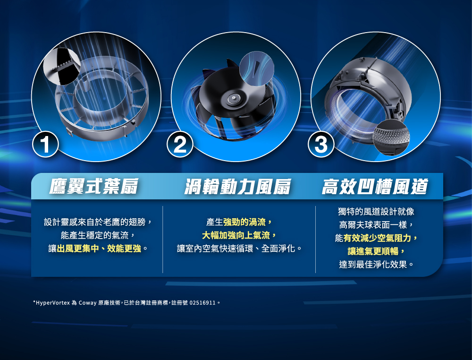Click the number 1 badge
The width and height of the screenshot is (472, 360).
click(45, 144)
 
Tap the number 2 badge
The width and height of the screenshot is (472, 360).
click(180, 144)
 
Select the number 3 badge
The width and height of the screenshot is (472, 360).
click(321, 144)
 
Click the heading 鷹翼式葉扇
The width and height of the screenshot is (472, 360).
click(94, 186)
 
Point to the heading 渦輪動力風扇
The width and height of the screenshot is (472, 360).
click(237, 186)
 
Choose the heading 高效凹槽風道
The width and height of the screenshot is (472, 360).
click(375, 186)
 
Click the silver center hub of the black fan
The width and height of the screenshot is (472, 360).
click(233, 98)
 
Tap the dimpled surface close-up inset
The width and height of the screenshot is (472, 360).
click(391, 137)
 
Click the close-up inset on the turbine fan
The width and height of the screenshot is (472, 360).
click(257, 69)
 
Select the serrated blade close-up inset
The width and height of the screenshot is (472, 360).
click(62, 66)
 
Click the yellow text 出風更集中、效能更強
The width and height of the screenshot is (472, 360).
click(99, 249)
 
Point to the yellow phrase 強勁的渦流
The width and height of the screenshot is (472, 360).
click(244, 223)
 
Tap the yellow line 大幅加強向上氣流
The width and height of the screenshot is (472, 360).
click(236, 235)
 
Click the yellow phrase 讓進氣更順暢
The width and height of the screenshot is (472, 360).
click(373, 251)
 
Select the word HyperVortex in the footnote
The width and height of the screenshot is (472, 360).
click(53, 303)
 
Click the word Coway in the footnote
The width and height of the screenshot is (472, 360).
click(88, 303)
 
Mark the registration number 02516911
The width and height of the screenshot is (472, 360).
click(202, 303)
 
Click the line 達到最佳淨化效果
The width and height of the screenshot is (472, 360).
click(373, 265)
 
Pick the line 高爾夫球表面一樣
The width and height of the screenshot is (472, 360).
click(373, 225)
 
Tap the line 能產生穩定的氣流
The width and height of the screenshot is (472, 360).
click(94, 235)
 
